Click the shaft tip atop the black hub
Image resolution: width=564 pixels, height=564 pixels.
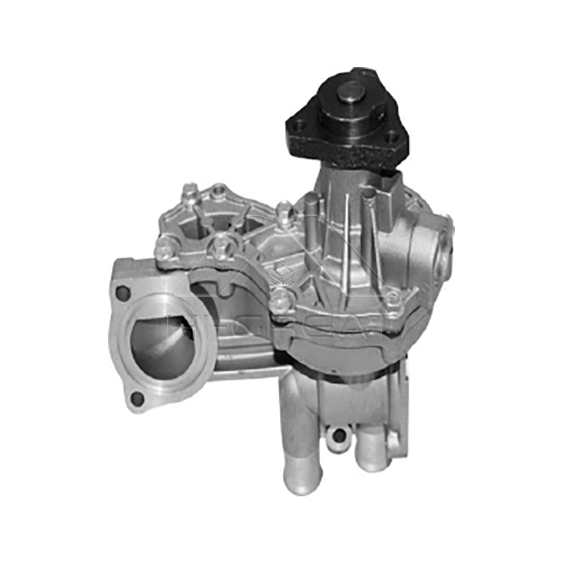tap(350, 90)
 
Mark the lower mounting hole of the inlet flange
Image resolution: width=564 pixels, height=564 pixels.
tap(137, 399)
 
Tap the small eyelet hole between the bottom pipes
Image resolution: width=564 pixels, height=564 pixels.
tap(339, 435)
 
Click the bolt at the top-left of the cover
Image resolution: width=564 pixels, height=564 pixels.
tap(190, 191)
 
